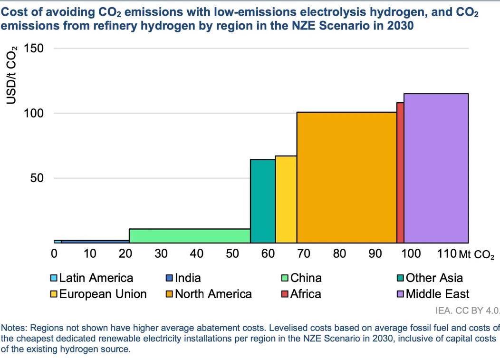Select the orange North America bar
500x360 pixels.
[x=346, y=177]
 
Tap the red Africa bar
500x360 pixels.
[x=400, y=172]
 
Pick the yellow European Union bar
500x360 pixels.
[x=286, y=199]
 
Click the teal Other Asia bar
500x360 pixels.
[x=263, y=201]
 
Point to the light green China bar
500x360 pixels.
[x=190, y=235]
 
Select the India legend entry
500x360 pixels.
[x=188, y=278]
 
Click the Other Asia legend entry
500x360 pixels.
[x=434, y=278]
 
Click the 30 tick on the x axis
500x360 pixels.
[x=161, y=253]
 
